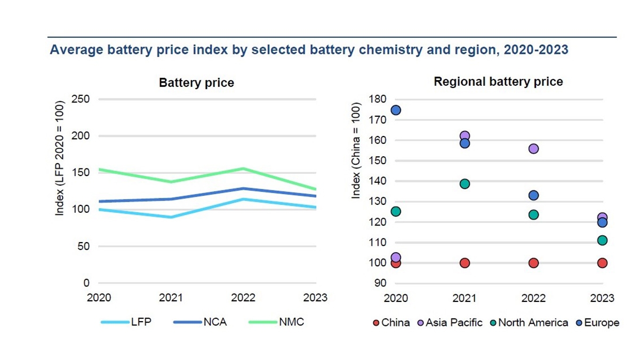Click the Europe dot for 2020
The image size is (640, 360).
tap(396, 110)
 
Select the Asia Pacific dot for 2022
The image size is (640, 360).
tap(533, 149)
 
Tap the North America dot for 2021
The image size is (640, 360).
tap(465, 184)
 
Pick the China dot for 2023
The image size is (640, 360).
tap(602, 263)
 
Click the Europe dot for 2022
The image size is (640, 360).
tap(533, 196)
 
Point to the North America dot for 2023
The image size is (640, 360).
tap(602, 241)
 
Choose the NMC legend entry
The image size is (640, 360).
tap(276, 322)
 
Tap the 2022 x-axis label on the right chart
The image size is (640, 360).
tap(533, 298)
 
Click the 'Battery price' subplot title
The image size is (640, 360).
tap(196, 83)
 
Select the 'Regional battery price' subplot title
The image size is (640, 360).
tap(498, 82)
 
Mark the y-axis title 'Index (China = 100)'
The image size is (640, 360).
tap(356, 151)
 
